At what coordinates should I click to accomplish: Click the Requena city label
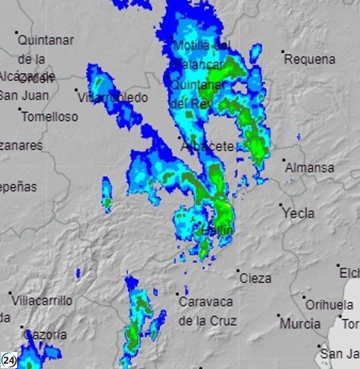[x=310, y=59]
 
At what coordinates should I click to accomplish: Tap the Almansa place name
[x=310, y=168]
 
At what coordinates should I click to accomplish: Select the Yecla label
[x=298, y=213]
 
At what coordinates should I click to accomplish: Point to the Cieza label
[x=255, y=278]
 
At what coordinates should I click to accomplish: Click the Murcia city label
[x=300, y=324]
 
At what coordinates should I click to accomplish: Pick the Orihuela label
[x=329, y=305]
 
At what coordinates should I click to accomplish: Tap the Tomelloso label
[x=49, y=117]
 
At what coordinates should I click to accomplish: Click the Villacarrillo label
[x=42, y=301]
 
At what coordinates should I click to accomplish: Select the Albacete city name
[x=207, y=147]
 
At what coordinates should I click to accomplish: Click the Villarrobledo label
[x=112, y=98]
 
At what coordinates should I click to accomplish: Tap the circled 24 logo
[x=9, y=360]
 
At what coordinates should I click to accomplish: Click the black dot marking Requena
[x=283, y=52]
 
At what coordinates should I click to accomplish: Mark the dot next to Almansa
[x=284, y=160]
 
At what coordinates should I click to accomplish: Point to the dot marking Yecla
[x=281, y=205]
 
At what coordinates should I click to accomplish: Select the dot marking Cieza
[x=238, y=271]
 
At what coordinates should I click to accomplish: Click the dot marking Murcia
[x=279, y=316]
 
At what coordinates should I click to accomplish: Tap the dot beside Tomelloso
[x=20, y=109]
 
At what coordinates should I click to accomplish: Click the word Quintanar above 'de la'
[x=45, y=40]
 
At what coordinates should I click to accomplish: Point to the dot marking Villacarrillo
[x=10, y=293]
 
